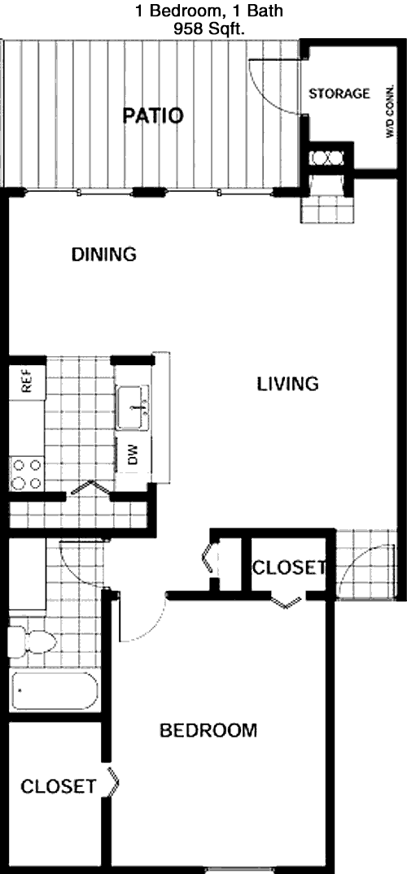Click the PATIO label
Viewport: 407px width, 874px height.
[153, 116]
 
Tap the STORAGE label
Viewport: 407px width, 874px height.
[339, 93]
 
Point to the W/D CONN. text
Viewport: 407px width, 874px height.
[389, 111]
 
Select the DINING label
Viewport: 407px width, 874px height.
[104, 254]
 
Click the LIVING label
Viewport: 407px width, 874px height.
[287, 384]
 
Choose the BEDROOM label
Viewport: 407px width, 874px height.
[208, 729]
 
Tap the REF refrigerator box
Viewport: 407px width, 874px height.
[26, 382]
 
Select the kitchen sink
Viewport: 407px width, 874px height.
[133, 408]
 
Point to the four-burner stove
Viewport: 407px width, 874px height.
[27, 473]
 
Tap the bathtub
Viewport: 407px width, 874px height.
[54, 691]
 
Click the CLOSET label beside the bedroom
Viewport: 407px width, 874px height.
[58, 786]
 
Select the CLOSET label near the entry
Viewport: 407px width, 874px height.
[289, 567]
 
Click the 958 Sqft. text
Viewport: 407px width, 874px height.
[210, 31]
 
